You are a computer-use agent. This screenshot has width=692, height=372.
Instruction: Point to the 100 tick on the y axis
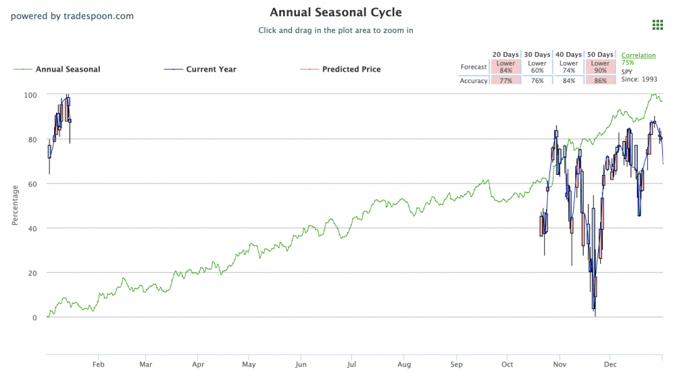[x=31, y=95]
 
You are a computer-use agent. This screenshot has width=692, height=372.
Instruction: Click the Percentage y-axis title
[x=16, y=206]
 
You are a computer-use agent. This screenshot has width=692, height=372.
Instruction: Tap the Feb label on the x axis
[x=98, y=364]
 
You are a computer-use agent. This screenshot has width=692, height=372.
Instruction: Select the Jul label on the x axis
[x=351, y=364]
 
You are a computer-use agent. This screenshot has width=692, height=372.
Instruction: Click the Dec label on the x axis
[x=610, y=364]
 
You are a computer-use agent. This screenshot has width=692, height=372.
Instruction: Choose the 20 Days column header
[x=505, y=55]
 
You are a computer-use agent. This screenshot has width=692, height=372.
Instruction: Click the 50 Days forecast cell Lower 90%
[x=599, y=67]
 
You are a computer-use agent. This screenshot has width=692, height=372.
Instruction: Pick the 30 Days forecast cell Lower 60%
[x=537, y=67]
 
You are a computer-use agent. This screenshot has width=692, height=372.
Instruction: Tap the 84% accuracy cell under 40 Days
[x=568, y=80]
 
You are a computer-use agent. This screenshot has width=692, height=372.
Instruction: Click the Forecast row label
[x=474, y=67]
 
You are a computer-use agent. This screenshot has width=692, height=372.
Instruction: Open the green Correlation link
[x=638, y=55]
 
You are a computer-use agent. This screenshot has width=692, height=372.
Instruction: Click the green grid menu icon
[x=658, y=25]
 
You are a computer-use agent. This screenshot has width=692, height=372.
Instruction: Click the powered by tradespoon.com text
[x=72, y=16]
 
